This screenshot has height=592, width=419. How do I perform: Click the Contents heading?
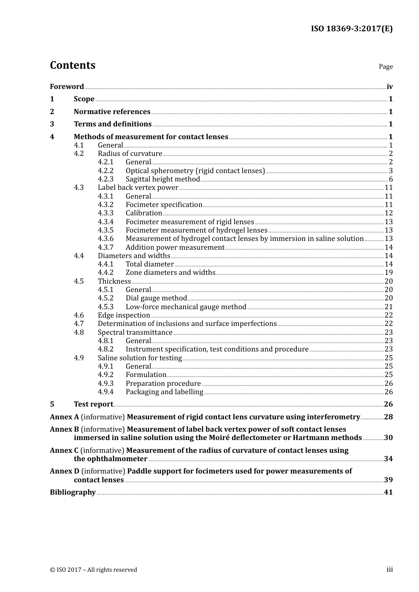(72, 65)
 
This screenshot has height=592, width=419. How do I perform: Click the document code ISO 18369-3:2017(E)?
(352, 29)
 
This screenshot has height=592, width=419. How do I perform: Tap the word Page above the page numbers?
(385, 67)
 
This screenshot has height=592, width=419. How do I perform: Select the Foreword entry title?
(67, 87)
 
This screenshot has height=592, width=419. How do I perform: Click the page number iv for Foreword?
(389, 87)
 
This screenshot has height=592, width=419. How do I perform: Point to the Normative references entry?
(112, 112)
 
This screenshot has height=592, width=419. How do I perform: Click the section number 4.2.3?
(105, 179)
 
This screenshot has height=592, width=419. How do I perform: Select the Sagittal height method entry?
(163, 179)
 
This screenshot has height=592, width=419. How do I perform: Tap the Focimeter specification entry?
(164, 205)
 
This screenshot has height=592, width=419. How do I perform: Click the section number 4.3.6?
(105, 239)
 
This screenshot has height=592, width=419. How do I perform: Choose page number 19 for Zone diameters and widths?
(389, 273)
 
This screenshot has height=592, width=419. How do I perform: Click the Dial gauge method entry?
(156, 298)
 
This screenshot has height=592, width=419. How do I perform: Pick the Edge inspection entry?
(124, 315)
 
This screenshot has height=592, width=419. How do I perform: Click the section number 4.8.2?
(105, 349)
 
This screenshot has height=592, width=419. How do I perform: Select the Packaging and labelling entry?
(164, 392)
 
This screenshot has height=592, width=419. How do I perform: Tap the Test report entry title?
(93, 404)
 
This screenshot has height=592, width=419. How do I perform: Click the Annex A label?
(64, 417)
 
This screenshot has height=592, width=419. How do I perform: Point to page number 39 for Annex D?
(388, 480)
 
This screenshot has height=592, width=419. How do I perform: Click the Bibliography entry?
(73, 492)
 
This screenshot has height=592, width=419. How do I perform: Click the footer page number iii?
(389, 570)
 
